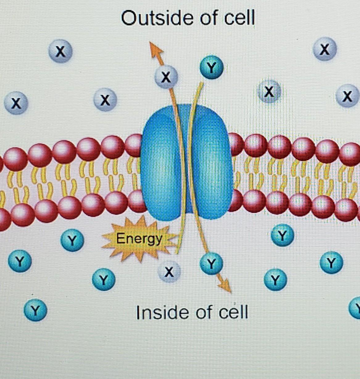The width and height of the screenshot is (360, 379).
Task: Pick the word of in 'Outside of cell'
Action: [209, 18]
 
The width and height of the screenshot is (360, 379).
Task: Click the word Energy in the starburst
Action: [139, 239]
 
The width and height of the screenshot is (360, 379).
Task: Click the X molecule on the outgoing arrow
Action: [166, 77]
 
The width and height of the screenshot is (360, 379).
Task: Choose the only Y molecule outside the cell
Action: [211, 67]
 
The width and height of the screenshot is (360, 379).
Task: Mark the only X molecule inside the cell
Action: [169, 272]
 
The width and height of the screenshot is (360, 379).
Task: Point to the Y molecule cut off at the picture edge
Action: [356, 307]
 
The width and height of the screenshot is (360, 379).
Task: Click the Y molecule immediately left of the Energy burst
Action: [72, 240]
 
